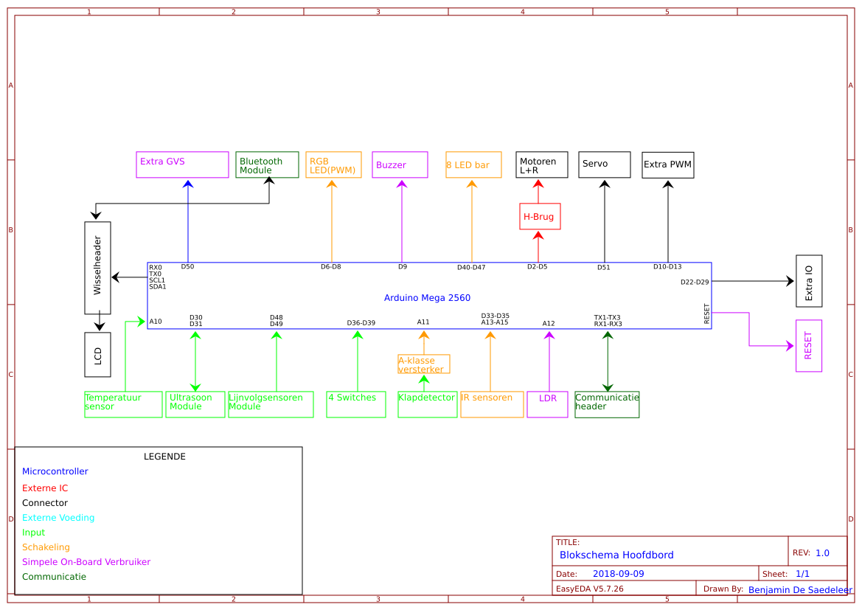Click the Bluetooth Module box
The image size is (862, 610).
click(x=267, y=164)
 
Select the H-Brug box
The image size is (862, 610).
click(x=540, y=216)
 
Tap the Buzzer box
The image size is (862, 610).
click(x=400, y=164)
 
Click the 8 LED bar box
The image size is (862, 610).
click(x=473, y=164)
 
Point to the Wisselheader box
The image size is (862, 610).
click(x=97, y=268)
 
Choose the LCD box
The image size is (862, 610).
click(x=97, y=355)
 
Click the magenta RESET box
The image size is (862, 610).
click(x=808, y=346)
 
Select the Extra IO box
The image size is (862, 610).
click(x=809, y=281)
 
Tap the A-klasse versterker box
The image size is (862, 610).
click(x=423, y=364)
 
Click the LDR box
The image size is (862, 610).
click(x=547, y=404)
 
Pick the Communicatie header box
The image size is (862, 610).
click(x=607, y=404)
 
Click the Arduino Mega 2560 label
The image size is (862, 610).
click(x=427, y=298)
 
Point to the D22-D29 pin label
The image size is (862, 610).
click(x=694, y=282)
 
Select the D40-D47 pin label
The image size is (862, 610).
click(x=471, y=267)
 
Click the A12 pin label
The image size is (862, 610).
click(x=548, y=323)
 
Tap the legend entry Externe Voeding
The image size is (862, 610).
click(x=58, y=518)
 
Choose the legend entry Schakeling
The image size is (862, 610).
click(x=46, y=547)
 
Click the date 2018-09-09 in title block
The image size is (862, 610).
click(x=618, y=574)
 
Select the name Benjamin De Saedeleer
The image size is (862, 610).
click(x=800, y=589)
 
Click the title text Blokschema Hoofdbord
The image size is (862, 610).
click(x=616, y=555)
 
